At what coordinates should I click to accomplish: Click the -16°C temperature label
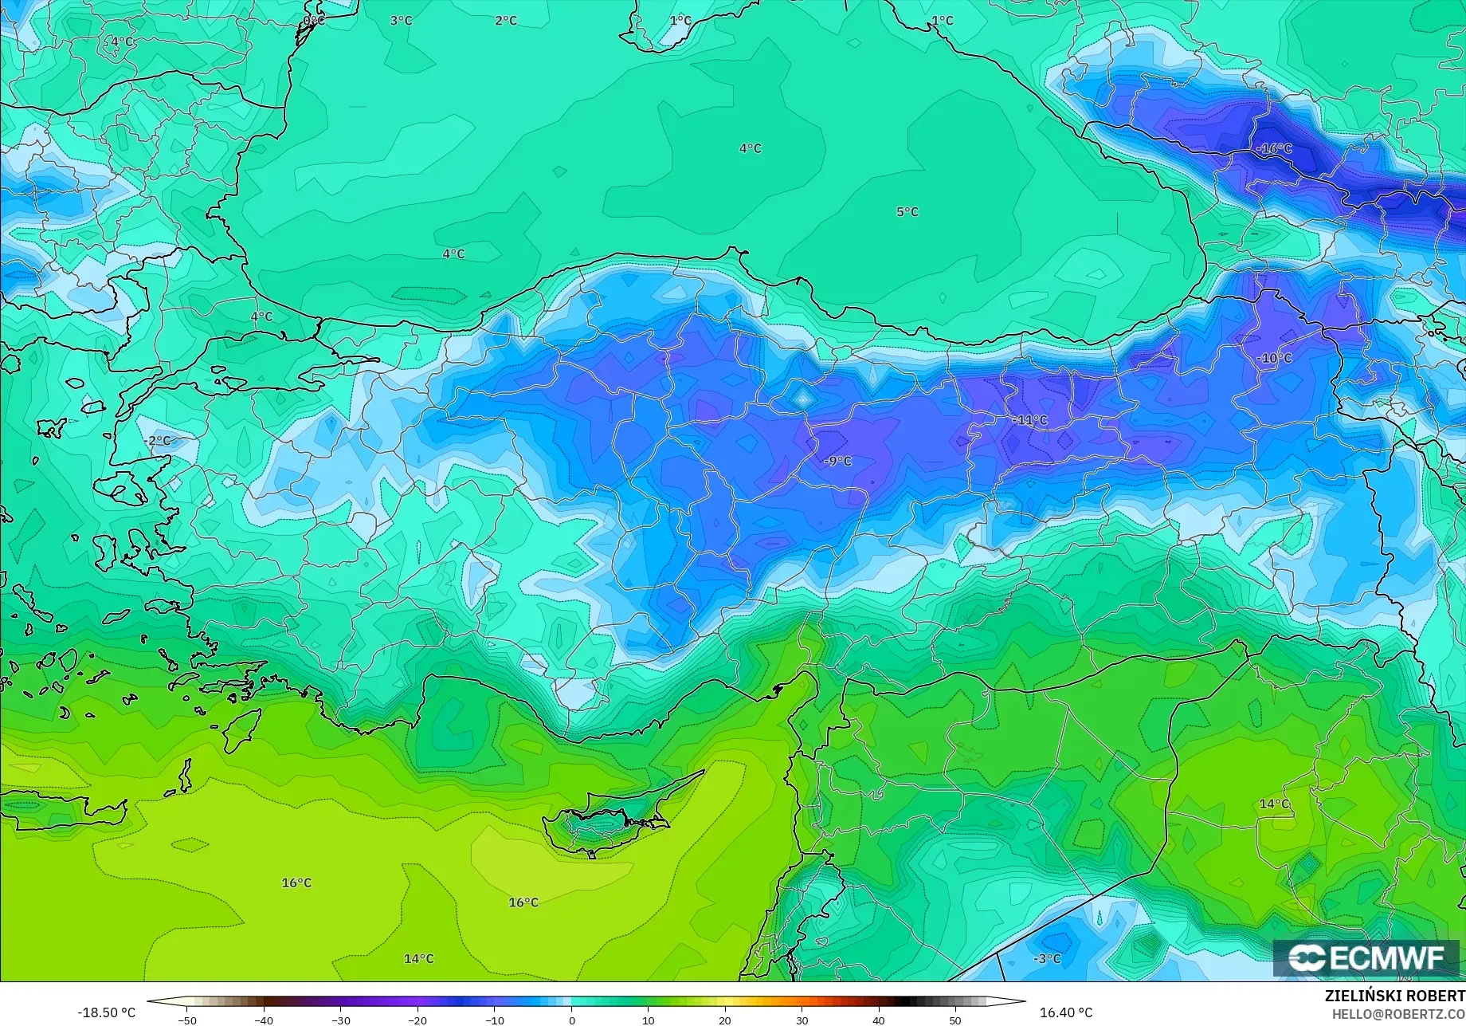point(1274,149)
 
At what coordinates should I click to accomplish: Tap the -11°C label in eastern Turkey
point(1030,420)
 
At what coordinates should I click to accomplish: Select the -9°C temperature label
point(837,462)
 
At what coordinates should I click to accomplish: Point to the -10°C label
point(1274,359)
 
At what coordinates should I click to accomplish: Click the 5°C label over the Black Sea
point(907,212)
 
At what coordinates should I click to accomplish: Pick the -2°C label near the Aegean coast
point(158,441)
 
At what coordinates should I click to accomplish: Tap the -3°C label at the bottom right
point(1047,959)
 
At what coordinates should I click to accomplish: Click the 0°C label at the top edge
point(314,21)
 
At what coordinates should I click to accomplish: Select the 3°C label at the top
point(401,21)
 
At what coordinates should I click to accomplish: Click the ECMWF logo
point(1366,957)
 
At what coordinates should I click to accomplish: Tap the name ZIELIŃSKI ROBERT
point(1394,997)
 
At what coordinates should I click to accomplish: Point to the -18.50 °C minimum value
point(107,1012)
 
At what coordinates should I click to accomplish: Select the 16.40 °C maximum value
point(1066,1012)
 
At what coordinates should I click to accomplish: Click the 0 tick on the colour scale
point(571,1020)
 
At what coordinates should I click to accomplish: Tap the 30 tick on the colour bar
point(802,1020)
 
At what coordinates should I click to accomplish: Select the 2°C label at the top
point(506,21)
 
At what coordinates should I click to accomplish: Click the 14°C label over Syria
point(1274,804)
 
